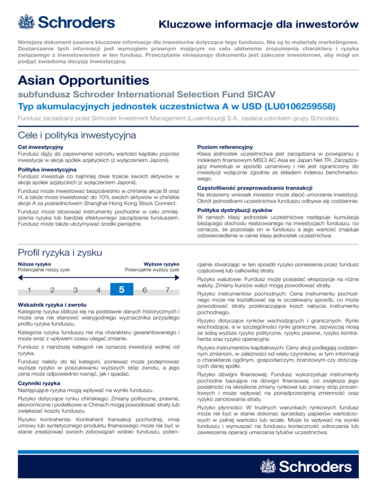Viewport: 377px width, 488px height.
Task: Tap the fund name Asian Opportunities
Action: tap(82, 80)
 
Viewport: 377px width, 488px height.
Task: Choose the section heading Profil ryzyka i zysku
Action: tap(60, 253)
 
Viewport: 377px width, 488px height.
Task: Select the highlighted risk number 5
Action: tap(121, 290)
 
